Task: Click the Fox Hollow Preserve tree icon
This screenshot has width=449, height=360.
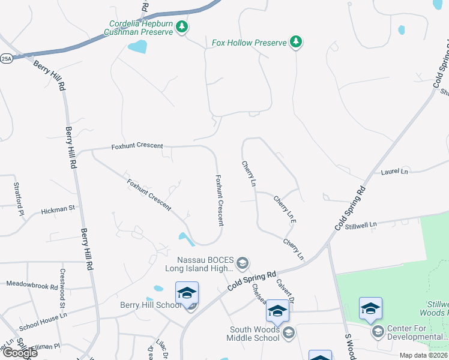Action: tap(295, 42)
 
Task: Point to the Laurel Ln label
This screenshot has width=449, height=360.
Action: tap(394, 172)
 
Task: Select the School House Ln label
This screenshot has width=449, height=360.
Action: tap(43, 313)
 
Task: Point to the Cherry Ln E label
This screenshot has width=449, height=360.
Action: tap(285, 209)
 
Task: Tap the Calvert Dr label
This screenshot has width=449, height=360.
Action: tap(285, 290)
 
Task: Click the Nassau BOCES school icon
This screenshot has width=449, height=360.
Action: tap(243, 263)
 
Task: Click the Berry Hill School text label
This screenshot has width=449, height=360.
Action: tap(150, 305)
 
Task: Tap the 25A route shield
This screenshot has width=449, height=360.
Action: tap(7, 59)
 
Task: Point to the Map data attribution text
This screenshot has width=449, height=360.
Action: tap(423, 355)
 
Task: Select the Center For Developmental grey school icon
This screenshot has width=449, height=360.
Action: tap(378, 331)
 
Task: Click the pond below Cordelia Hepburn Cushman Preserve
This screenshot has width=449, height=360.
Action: tap(137, 47)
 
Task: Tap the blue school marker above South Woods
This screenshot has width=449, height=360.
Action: tap(277, 310)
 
